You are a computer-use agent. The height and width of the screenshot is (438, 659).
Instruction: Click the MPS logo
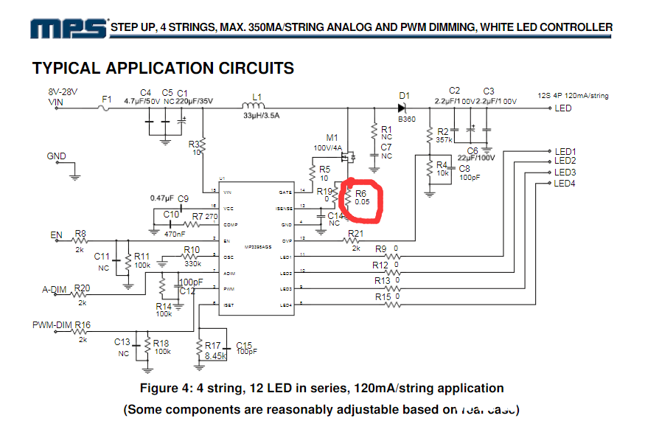tap(67, 28)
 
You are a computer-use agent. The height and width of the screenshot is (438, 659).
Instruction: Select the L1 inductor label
tap(257, 97)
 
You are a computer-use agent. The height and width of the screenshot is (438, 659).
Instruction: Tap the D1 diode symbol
tap(402, 108)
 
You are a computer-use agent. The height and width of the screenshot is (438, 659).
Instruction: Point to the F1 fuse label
tap(107, 98)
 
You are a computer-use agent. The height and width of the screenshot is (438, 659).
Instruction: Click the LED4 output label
tap(565, 183)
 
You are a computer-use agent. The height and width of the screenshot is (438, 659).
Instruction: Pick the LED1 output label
tap(565, 151)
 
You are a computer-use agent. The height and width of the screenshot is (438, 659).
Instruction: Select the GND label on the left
tap(57, 156)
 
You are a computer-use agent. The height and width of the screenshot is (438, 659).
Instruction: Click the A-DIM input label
tap(55, 288)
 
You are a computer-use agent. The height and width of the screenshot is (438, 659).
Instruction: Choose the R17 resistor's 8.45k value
tap(215, 355)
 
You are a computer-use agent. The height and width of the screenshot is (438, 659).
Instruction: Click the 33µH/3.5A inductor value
tap(261, 116)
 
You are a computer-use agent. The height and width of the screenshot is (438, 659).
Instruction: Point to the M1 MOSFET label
tap(332, 138)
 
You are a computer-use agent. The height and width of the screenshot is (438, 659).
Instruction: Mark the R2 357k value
tap(444, 139)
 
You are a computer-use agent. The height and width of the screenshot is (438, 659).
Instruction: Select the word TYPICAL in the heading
tap(67, 69)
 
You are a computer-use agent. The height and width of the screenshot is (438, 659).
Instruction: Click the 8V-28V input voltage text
tap(63, 93)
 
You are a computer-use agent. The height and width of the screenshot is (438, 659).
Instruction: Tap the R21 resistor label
tap(355, 234)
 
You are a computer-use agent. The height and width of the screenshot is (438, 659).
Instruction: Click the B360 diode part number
tap(407, 118)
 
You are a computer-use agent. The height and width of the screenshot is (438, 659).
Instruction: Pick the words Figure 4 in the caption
tap(167, 388)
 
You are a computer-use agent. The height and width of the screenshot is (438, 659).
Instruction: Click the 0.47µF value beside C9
tap(161, 198)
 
